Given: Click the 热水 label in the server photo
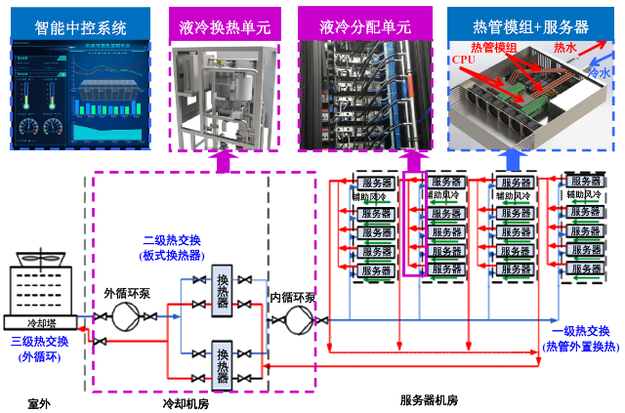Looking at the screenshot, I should point(565,46).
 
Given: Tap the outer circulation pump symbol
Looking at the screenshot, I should point(125,315).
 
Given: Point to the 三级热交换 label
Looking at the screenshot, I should point(40,349).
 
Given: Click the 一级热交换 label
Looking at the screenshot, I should point(579,337).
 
